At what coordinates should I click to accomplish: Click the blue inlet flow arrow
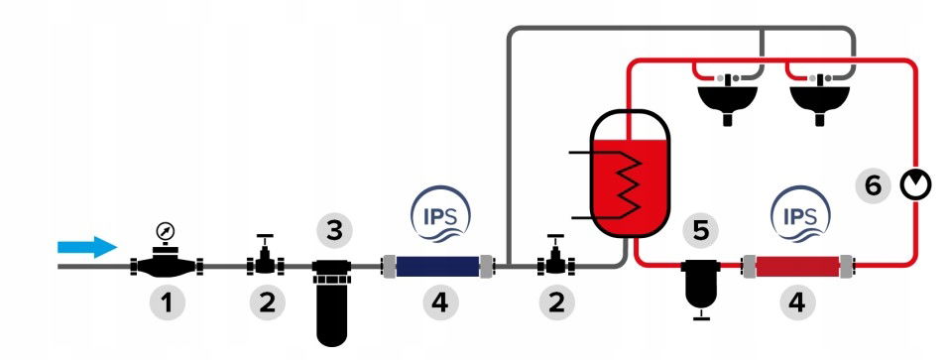(x=87, y=247)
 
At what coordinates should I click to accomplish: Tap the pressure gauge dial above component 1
(x=165, y=231)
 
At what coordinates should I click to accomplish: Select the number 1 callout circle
(x=167, y=302)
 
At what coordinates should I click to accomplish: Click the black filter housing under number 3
(x=331, y=302)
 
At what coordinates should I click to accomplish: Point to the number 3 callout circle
(x=334, y=231)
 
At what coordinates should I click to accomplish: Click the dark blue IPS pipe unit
(x=439, y=266)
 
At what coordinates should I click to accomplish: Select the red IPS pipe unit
(x=798, y=266)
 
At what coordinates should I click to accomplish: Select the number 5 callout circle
(x=701, y=231)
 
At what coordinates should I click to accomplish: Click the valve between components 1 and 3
(x=265, y=257)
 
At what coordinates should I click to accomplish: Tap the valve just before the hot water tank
(x=555, y=257)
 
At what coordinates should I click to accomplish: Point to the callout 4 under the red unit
(x=796, y=302)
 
